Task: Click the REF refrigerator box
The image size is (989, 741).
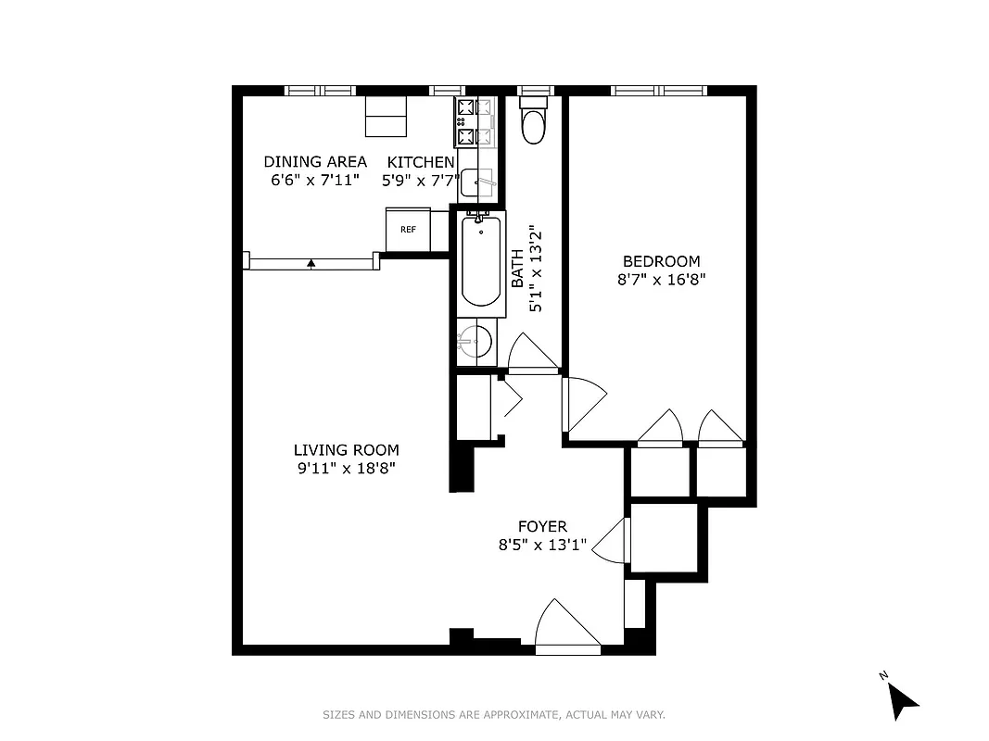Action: click(408, 230)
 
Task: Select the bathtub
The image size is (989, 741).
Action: click(480, 260)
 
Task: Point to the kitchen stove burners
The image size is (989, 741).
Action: click(465, 121)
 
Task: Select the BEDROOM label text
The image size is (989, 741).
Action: click(661, 261)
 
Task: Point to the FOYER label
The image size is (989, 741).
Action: click(542, 527)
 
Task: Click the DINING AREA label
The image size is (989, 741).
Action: click(315, 162)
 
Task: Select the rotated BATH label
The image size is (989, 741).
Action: click(518, 269)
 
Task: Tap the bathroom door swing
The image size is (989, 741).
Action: click(529, 354)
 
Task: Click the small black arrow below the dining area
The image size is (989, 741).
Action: click(311, 264)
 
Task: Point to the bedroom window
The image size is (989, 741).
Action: click(658, 91)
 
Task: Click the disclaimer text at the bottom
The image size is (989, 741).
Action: click(494, 714)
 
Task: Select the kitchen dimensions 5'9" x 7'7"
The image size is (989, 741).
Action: click(422, 181)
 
